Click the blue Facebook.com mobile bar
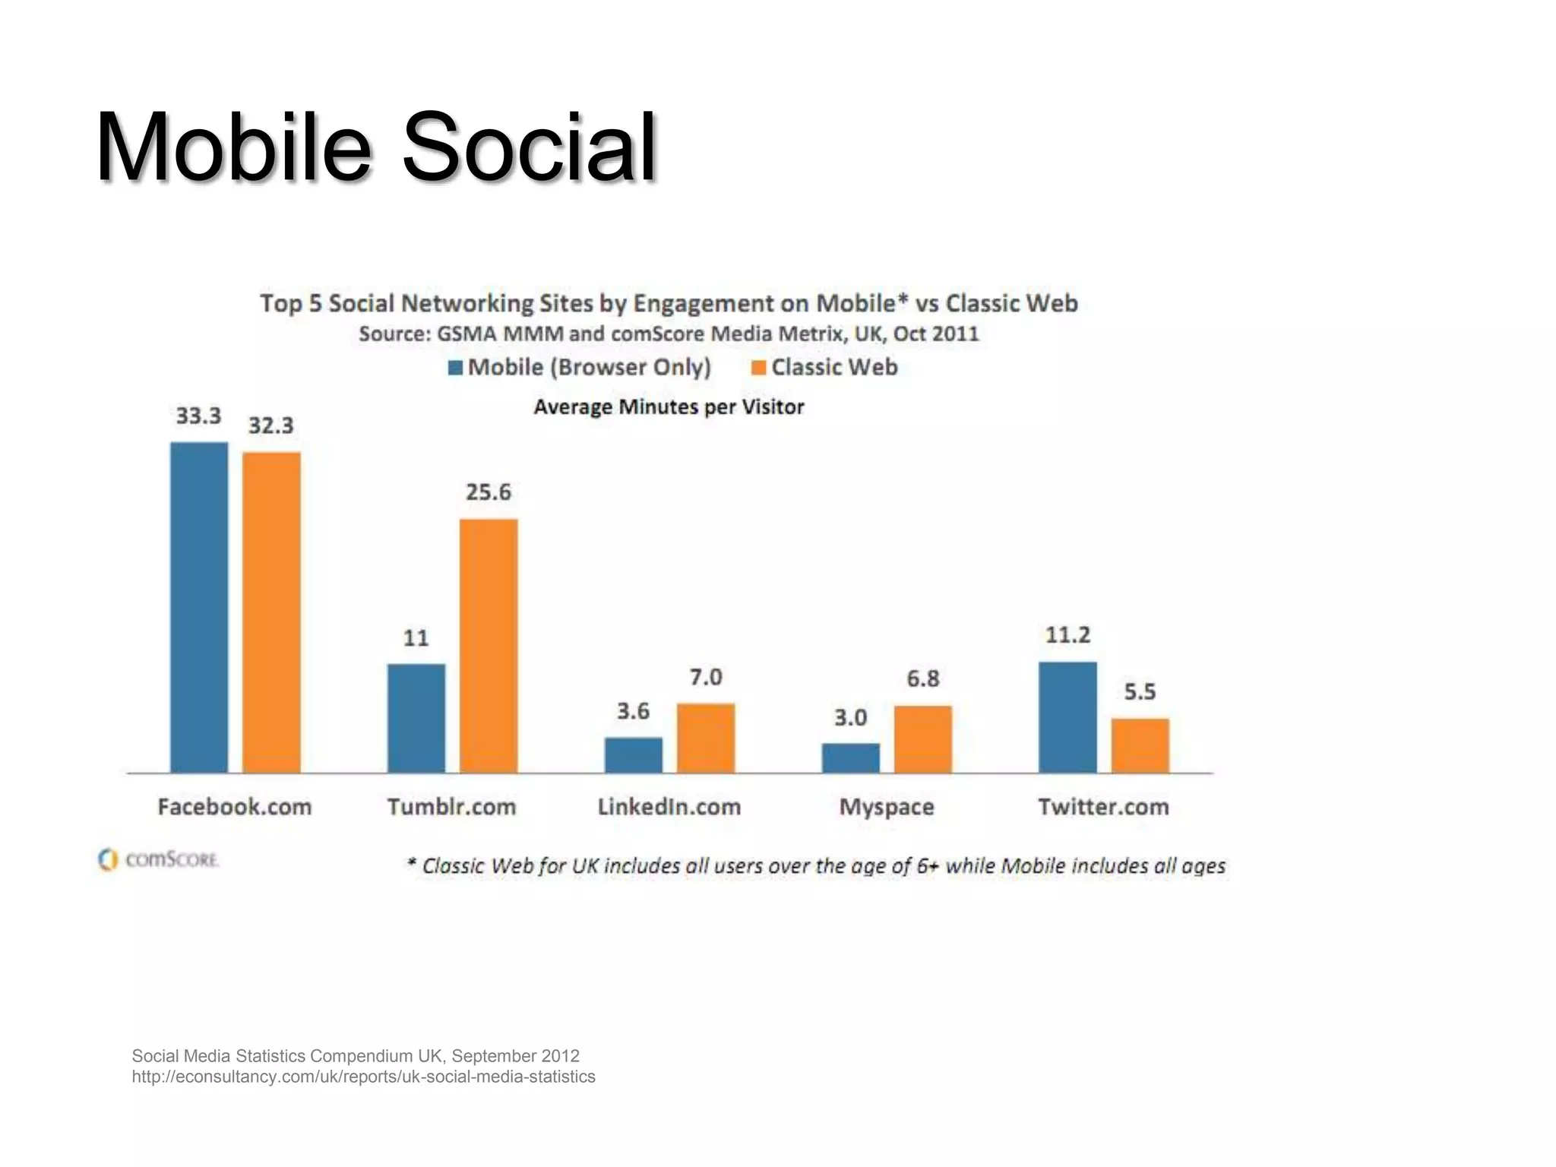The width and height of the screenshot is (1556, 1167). [x=199, y=608]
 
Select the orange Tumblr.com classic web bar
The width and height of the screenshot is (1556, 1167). [x=489, y=646]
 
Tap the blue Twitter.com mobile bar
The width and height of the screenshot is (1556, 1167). [x=1067, y=717]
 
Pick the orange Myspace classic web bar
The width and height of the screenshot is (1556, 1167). [x=922, y=739]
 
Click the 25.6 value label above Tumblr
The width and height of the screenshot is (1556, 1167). [x=489, y=492]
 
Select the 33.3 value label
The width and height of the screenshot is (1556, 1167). [x=198, y=416]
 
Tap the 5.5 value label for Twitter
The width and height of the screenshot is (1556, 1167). [x=1140, y=692]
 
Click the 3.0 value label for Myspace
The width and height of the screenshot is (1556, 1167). [x=850, y=718]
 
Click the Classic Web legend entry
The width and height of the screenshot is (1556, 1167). [x=825, y=368]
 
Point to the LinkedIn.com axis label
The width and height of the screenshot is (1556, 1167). [x=669, y=807]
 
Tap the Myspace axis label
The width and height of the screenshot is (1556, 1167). [x=886, y=807]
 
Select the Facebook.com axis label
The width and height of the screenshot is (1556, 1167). [x=235, y=807]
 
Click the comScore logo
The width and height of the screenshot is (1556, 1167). [x=158, y=860]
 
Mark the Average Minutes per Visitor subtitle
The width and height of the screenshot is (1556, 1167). [x=669, y=407]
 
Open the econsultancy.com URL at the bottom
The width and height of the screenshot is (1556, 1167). [x=363, y=1077]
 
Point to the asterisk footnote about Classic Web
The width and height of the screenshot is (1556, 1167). [x=816, y=866]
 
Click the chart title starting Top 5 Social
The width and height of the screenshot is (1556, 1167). [x=669, y=304]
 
